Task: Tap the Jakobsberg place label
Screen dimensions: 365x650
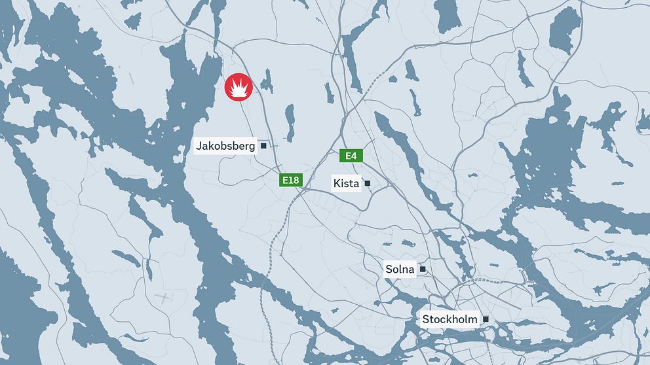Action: point(225,146)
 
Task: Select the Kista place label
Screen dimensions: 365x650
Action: point(346,183)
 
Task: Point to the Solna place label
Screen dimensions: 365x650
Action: point(400,269)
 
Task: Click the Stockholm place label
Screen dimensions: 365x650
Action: point(449,319)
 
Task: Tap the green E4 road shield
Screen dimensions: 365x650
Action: point(351,156)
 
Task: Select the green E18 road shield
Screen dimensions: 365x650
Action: point(291,180)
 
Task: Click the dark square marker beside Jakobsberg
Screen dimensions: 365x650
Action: point(263,146)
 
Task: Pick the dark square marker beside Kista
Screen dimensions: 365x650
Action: point(368,183)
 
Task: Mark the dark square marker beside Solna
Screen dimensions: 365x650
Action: point(423,269)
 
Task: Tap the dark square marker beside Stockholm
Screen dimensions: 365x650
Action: point(486,319)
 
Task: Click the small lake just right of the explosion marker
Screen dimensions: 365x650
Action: point(266,81)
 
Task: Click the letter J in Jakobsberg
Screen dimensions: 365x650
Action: point(199,146)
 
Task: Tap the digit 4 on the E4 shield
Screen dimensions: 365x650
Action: point(354,156)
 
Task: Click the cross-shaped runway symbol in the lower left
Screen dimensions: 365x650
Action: point(162,298)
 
